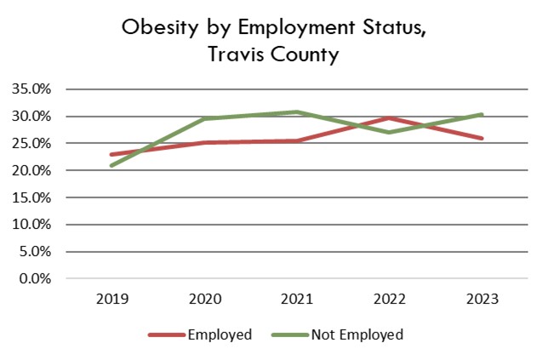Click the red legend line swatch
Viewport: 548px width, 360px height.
click(168, 334)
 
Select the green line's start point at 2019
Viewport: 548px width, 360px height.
click(111, 165)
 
